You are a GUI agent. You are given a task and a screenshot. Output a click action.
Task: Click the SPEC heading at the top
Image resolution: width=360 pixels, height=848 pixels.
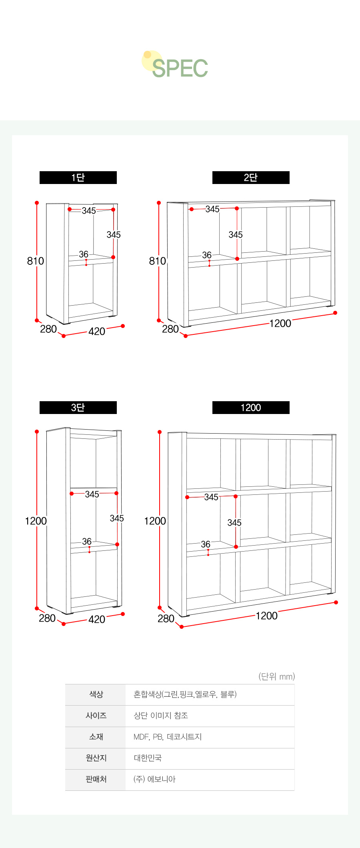pos(180,68)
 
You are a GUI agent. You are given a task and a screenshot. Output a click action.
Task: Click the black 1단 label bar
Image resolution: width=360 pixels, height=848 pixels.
pos(78,178)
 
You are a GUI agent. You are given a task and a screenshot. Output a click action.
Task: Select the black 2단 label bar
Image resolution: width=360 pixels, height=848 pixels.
pos(251,178)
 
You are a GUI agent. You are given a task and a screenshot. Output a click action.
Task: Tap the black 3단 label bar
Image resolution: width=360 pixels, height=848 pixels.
pos(78,408)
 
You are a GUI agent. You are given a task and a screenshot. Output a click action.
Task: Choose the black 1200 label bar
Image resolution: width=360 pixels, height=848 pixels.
pos(251,408)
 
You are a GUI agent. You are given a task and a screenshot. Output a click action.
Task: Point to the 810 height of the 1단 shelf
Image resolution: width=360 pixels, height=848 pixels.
pos(36,261)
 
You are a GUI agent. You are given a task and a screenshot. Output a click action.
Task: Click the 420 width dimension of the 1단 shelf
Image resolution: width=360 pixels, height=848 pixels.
pos(97,332)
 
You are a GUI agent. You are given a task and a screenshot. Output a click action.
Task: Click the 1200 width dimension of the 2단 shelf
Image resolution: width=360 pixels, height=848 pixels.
pos(280,324)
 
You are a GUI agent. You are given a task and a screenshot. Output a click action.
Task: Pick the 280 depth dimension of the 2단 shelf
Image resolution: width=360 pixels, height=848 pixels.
pos(170,329)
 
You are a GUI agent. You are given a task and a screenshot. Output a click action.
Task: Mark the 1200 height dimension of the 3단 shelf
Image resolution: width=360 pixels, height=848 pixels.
pos(36,521)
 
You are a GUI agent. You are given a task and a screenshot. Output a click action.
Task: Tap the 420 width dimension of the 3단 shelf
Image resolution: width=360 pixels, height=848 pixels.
pos(97,620)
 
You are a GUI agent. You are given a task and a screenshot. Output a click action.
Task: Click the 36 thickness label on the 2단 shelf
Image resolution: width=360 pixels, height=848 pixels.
pos(207,255)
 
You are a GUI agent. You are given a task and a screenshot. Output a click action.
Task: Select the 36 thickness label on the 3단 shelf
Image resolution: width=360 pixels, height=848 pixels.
pos(87,542)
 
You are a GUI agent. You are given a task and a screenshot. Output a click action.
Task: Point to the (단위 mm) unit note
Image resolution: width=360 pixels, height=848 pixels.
pos(277,676)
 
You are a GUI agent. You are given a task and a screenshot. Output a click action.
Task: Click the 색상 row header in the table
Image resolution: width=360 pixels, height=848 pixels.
pos(96,694)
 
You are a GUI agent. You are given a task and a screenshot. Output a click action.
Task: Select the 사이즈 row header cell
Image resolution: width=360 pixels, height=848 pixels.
pos(96,716)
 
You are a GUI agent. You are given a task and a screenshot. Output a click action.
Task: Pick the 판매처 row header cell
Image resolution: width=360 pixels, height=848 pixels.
pos(96,779)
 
